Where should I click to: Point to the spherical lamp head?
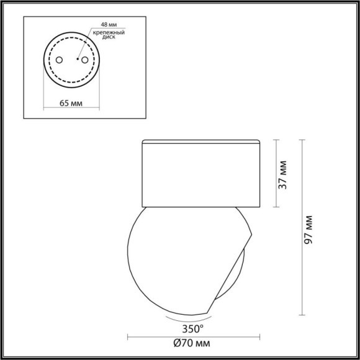click(x=180, y=261)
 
